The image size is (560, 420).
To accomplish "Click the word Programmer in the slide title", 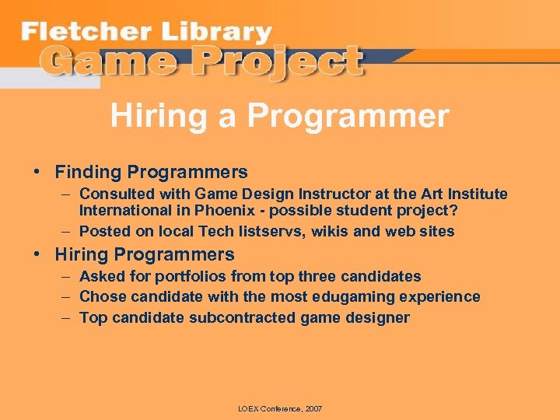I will pyautogui.click(x=348, y=117).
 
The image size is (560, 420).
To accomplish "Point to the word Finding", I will pyautogui.click(x=88, y=172).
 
